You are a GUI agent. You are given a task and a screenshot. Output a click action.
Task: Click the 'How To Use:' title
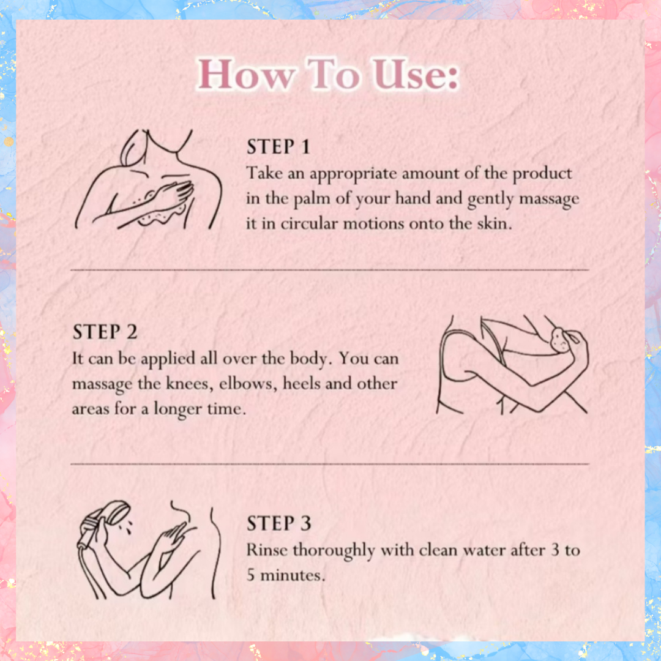coord(329,74)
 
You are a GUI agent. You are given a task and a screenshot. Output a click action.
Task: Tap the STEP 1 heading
coord(278,147)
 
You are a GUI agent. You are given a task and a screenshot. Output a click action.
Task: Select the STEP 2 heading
coord(105,332)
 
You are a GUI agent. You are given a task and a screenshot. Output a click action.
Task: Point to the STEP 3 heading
coord(278,523)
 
